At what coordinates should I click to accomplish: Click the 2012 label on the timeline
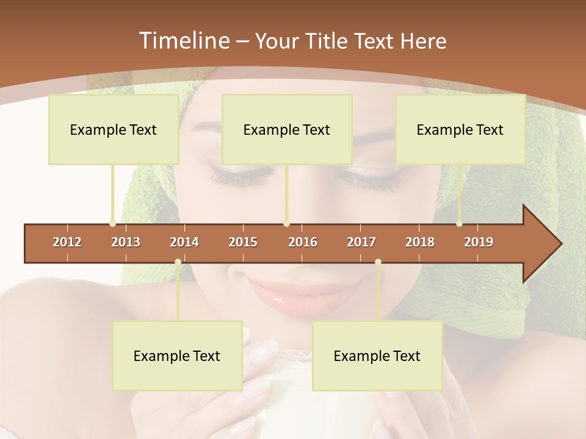[x=67, y=242]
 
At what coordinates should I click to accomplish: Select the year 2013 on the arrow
[x=126, y=242]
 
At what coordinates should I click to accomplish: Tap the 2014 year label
[x=184, y=242]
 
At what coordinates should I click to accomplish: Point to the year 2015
[x=243, y=242]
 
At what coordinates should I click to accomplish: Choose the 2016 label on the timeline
[x=303, y=242]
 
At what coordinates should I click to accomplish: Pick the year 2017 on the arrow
[x=361, y=242]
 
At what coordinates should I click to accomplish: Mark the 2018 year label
[x=420, y=242]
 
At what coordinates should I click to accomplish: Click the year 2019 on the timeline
[x=479, y=242]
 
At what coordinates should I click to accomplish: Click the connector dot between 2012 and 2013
[x=113, y=224]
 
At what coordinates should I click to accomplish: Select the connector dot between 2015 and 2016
[x=287, y=224]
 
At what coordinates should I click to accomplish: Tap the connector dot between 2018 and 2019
[x=460, y=224]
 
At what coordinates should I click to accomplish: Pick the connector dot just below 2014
[x=178, y=262]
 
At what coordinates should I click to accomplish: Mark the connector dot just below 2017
[x=378, y=262]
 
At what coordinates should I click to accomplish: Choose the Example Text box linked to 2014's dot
[x=177, y=355]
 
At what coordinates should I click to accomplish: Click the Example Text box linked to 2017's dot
[x=377, y=355]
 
